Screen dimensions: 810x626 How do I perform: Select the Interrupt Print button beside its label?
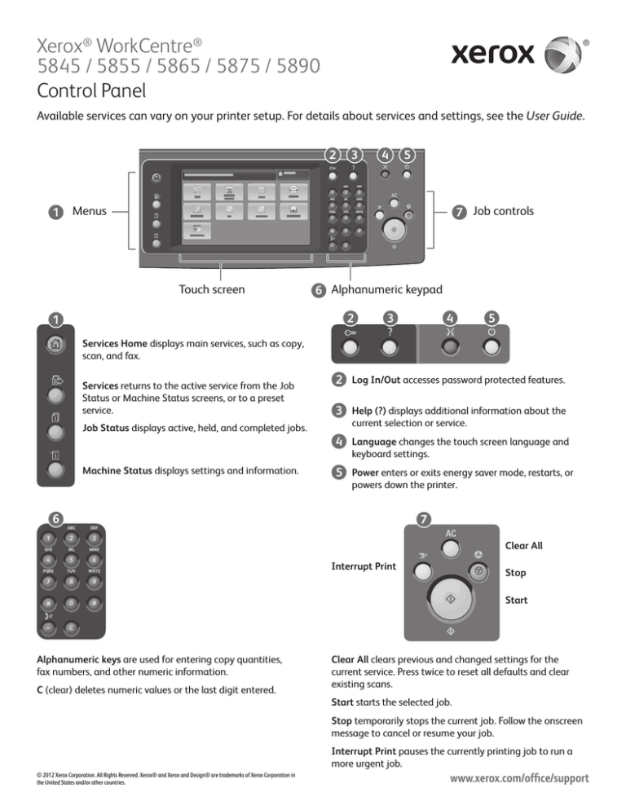pyautogui.click(x=421, y=572)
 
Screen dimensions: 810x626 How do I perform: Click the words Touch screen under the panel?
pyautogui.click(x=211, y=288)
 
